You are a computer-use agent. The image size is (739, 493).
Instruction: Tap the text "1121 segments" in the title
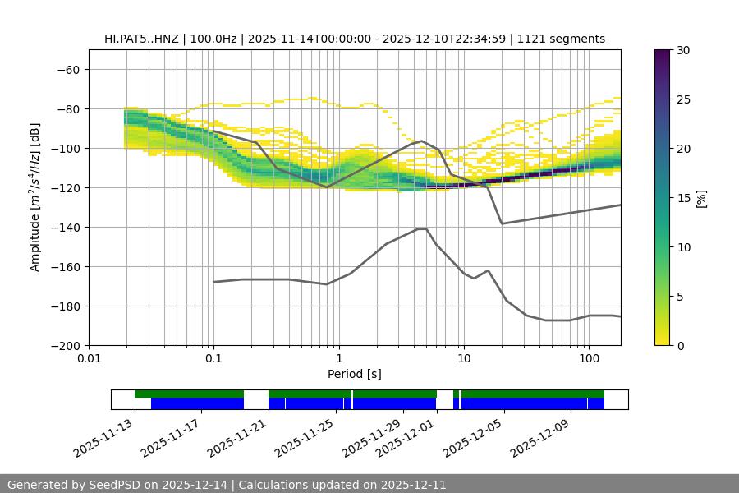(x=566, y=39)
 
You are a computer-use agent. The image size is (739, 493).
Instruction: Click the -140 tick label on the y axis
(x=65, y=227)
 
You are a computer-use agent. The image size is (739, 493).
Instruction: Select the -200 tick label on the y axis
(x=65, y=345)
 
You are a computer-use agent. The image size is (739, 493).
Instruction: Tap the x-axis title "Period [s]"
(x=355, y=374)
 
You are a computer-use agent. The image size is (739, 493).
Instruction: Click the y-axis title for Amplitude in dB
(x=35, y=197)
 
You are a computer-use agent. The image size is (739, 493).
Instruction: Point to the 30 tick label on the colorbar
(x=683, y=50)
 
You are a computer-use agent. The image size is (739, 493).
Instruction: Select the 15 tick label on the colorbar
(x=683, y=198)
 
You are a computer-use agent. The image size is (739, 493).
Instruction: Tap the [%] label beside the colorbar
(x=701, y=198)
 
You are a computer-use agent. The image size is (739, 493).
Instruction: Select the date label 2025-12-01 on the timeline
(x=406, y=439)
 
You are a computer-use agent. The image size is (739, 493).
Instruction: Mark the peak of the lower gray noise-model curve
(x=422, y=228)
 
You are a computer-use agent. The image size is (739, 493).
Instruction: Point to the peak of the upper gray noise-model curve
(x=422, y=141)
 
